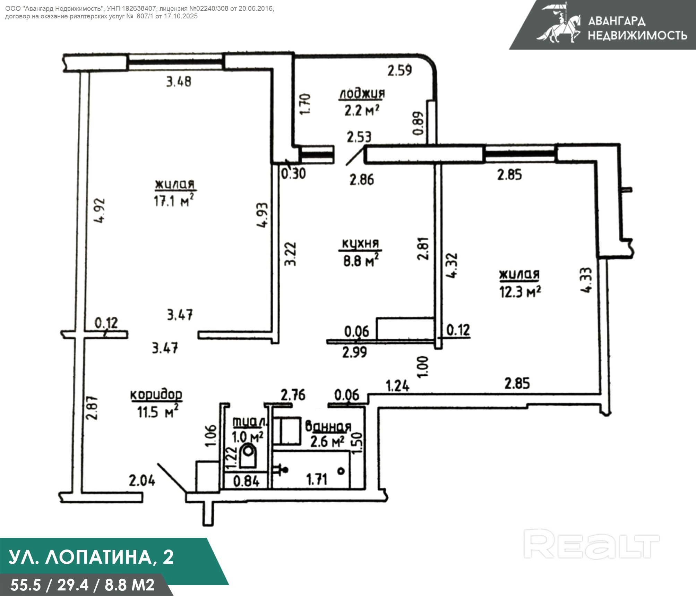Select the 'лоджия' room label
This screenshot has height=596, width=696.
362,94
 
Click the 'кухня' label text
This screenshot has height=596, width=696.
360,244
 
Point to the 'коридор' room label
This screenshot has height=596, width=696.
156,394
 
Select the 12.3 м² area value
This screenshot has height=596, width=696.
520,292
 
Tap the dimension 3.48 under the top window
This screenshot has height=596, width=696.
179,82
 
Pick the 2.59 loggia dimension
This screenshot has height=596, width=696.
399,70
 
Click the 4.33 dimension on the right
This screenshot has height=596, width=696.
586,280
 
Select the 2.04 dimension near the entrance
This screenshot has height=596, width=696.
142,481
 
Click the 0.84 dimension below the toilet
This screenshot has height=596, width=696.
246,481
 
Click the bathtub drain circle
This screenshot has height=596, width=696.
341,471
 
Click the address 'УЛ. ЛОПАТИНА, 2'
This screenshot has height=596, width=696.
91,557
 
